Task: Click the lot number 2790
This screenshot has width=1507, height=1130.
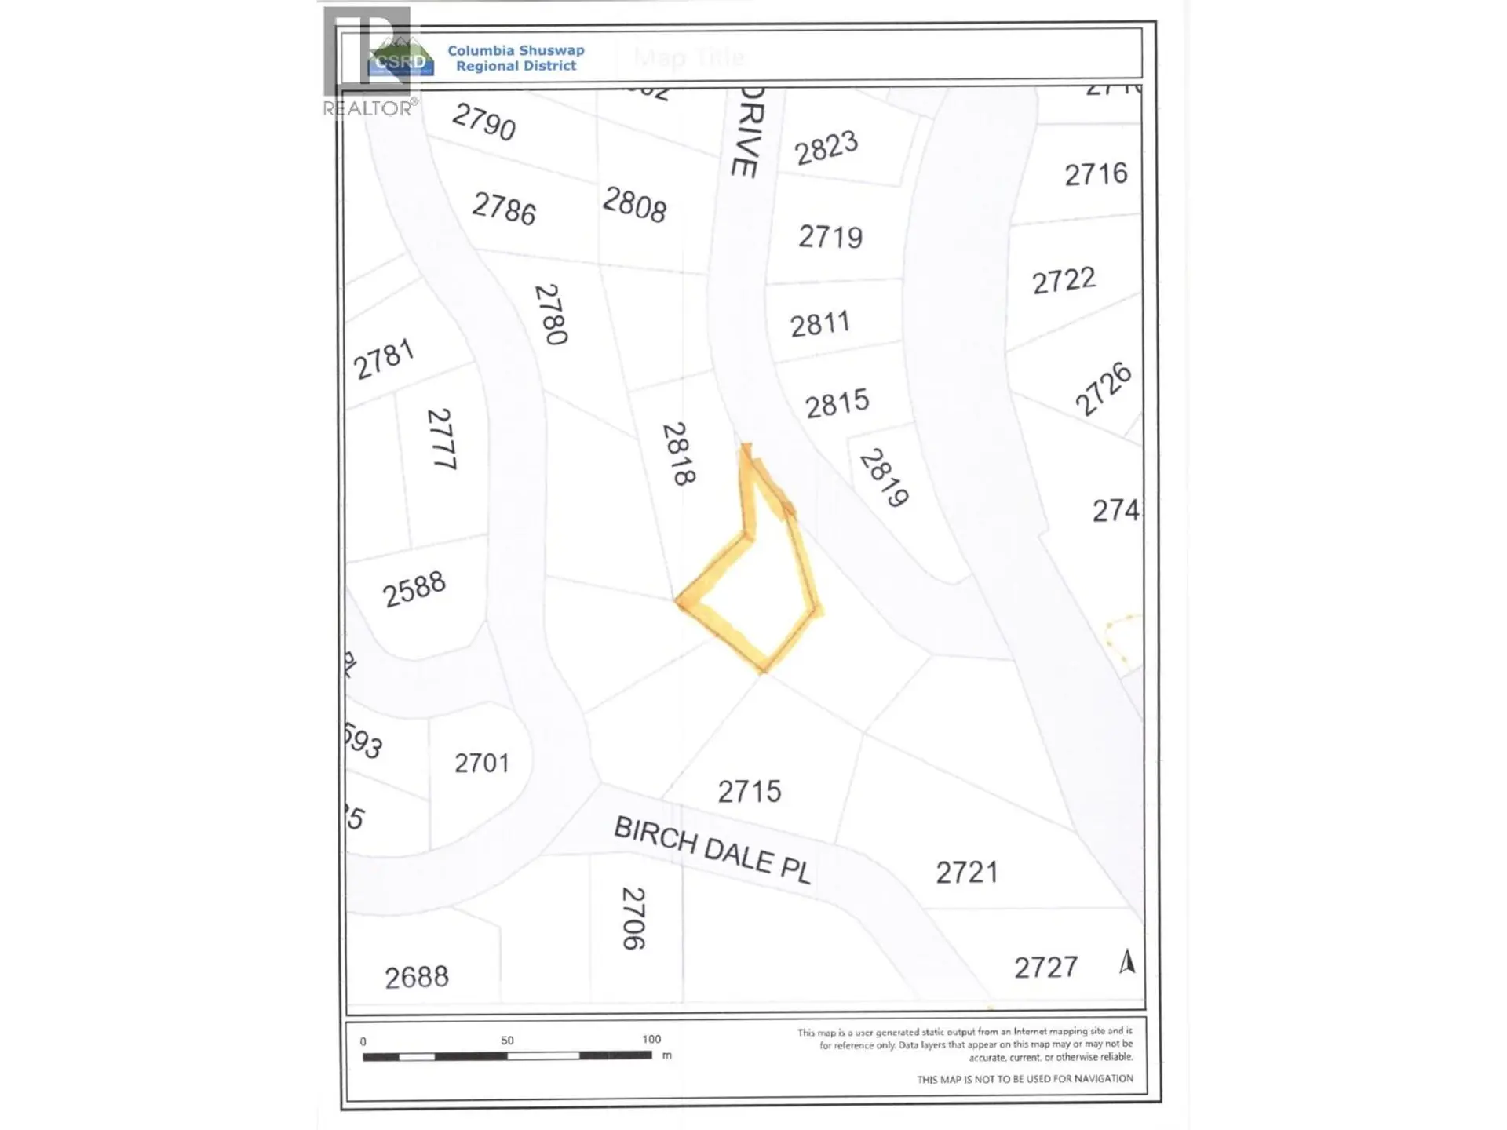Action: [x=483, y=122]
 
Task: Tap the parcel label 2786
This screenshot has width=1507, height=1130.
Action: [x=504, y=209]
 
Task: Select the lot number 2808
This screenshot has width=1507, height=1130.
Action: [x=634, y=205]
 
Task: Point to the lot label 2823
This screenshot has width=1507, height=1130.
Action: [x=826, y=148]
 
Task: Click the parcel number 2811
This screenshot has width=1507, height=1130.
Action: [x=819, y=324]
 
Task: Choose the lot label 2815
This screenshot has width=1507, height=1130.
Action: [x=837, y=404]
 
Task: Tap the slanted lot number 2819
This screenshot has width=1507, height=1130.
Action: [x=884, y=478]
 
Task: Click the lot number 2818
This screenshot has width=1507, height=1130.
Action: [x=679, y=454]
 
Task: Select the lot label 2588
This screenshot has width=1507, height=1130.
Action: [x=414, y=589]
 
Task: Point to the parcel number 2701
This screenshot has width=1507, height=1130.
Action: [x=482, y=763]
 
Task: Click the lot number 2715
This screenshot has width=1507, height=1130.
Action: [x=750, y=792]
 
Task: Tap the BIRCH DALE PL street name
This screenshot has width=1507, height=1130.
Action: [x=711, y=850]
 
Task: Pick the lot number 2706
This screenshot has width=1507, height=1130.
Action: [x=633, y=919]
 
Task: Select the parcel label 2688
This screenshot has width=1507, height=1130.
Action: [x=417, y=978]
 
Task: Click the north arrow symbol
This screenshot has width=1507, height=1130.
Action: [x=1127, y=961]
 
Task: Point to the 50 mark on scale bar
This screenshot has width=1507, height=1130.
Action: [x=507, y=1041]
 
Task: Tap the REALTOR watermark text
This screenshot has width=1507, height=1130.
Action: [x=367, y=108]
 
